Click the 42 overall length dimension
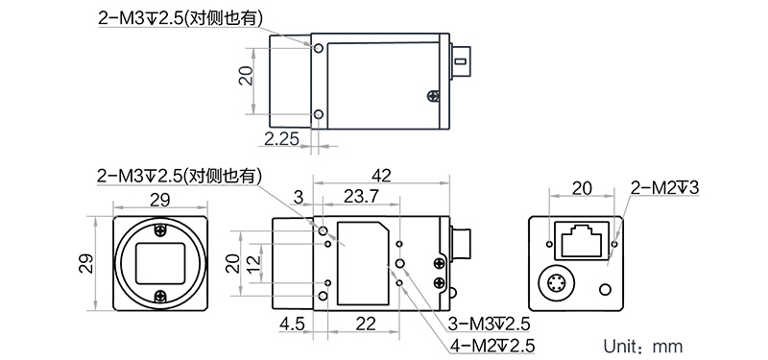(381, 175)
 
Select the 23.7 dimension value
(361, 197)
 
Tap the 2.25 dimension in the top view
(281, 139)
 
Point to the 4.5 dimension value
(293, 324)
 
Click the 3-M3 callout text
(490, 324)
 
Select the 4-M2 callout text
(492, 346)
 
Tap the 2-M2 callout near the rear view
(665, 187)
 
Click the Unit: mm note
(642, 346)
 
